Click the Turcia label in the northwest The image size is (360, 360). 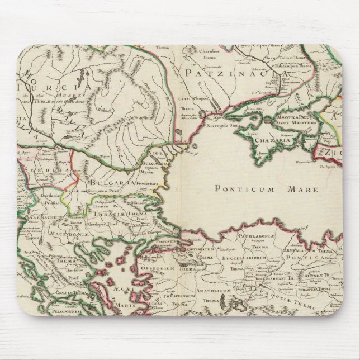(x=54, y=87)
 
